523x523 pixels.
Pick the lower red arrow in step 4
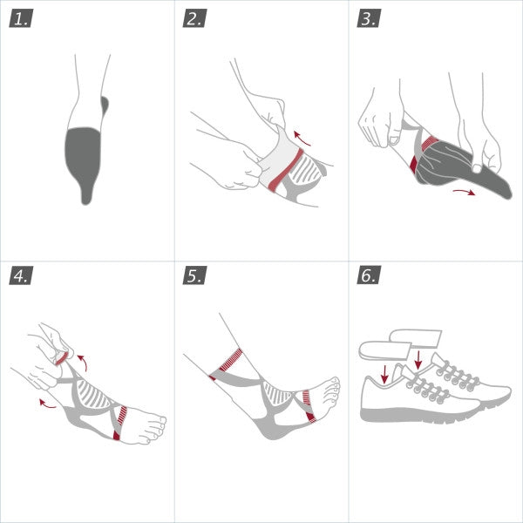(47, 403)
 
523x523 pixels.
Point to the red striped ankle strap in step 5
(229, 361)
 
